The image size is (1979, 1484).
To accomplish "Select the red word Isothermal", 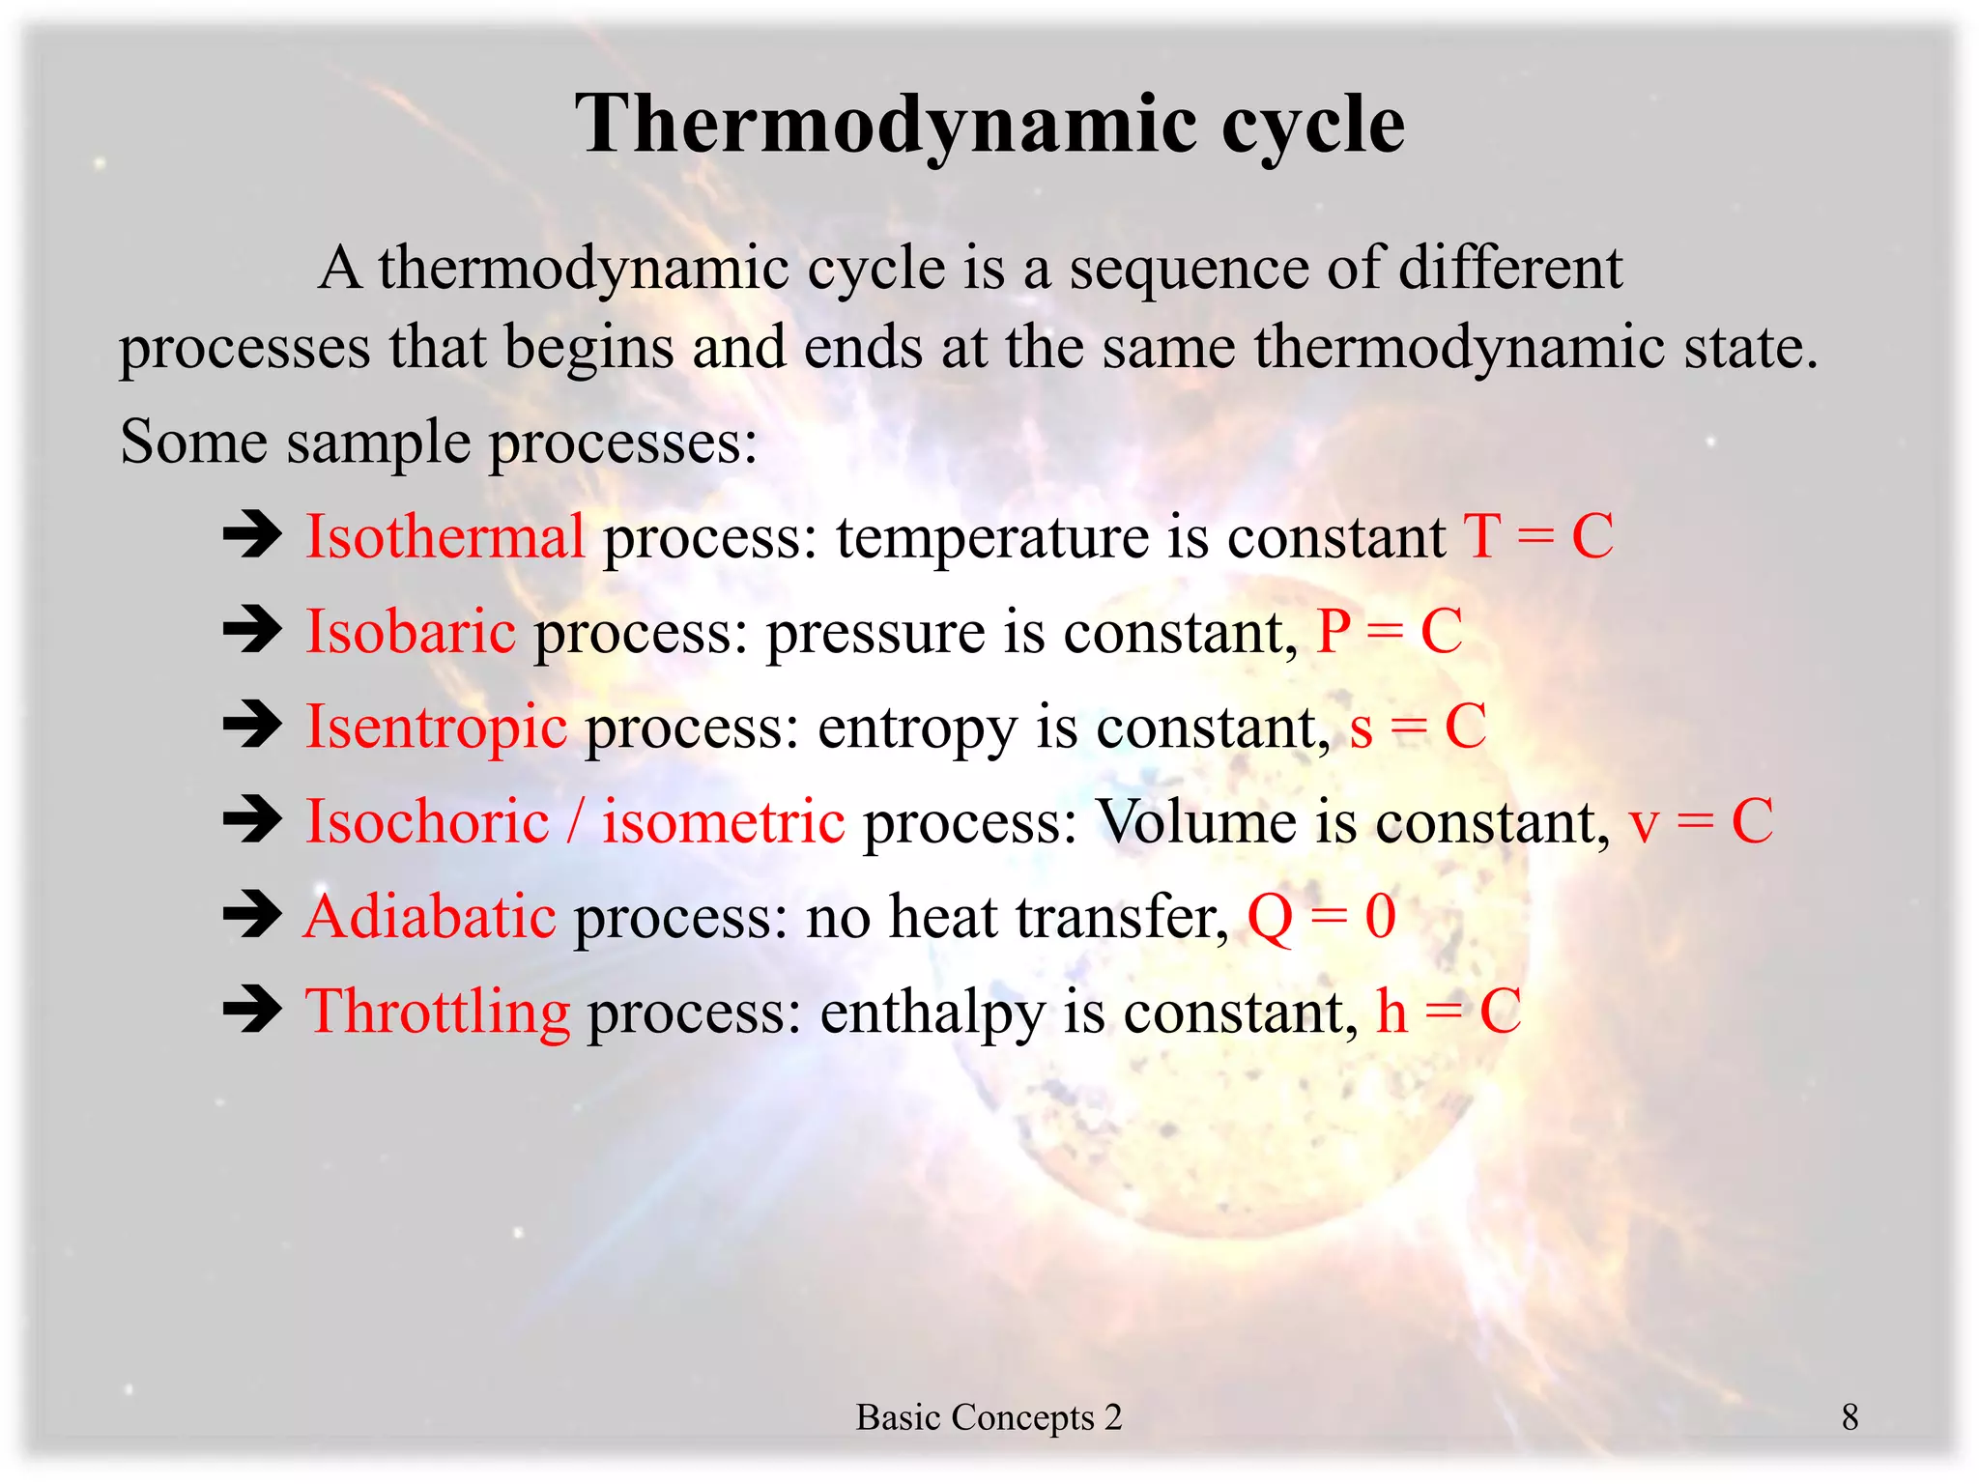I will [445, 536].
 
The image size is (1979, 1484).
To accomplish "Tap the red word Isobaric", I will [411, 631].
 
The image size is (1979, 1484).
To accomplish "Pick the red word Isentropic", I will [437, 727].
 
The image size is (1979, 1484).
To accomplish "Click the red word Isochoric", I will [427, 821].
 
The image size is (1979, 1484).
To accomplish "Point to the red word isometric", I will [724, 821].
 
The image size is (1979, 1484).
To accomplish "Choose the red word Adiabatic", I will [430, 916].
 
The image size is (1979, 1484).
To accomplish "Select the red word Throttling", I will [438, 1012].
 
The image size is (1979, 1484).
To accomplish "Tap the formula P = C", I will [1390, 631].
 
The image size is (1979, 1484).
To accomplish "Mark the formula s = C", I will [1418, 727].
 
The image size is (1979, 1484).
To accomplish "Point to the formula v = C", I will [1701, 821].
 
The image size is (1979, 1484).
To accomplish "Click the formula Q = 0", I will [1321, 916].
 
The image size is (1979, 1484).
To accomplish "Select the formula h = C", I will [1448, 1012].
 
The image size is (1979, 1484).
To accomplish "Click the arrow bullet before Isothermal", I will [252, 534].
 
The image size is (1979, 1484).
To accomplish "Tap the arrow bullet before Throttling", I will [252, 1011].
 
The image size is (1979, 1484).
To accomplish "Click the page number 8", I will [1850, 1417].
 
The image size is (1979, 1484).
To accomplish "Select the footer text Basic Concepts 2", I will [989, 1417].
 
